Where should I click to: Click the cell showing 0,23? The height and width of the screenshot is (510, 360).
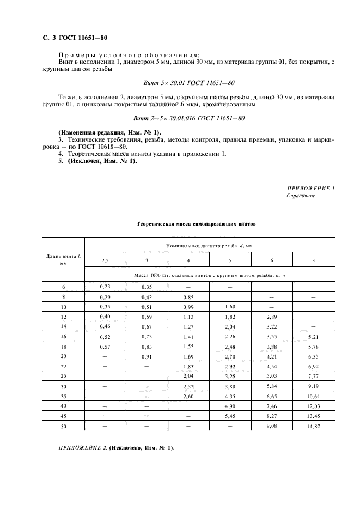tap(105, 286)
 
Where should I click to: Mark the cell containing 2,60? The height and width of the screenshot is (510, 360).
tap(188, 396)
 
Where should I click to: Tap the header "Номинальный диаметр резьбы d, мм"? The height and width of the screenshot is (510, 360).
tap(209, 246)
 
